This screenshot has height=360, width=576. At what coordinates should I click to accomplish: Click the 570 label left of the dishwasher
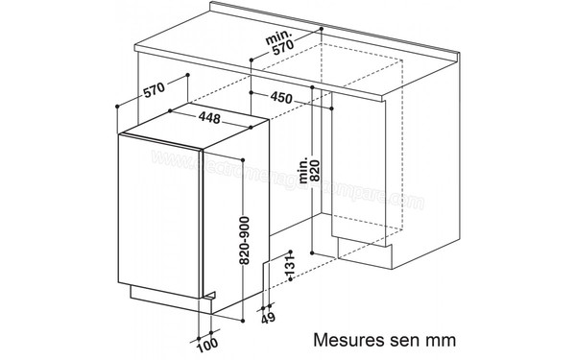[x=153, y=91]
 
